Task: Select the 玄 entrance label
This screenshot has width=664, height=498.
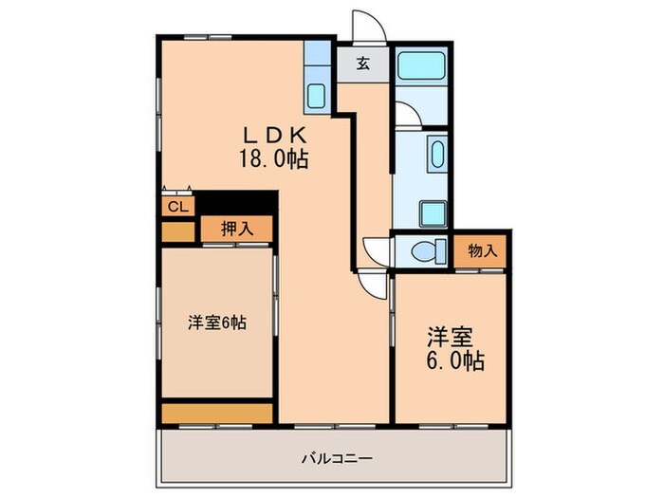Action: point(363,65)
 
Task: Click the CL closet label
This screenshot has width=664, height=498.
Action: point(177,206)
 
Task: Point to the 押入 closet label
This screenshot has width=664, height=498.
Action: point(237,229)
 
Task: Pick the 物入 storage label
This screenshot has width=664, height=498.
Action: point(482,251)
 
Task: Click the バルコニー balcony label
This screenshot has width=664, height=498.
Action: point(337,458)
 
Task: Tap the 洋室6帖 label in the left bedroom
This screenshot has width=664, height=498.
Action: point(217,323)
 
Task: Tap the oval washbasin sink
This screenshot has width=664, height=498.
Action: point(437,153)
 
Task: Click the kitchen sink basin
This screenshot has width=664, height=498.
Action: point(317,96)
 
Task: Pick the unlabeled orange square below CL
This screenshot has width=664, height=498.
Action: point(177,230)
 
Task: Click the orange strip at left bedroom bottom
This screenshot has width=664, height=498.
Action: point(217,413)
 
